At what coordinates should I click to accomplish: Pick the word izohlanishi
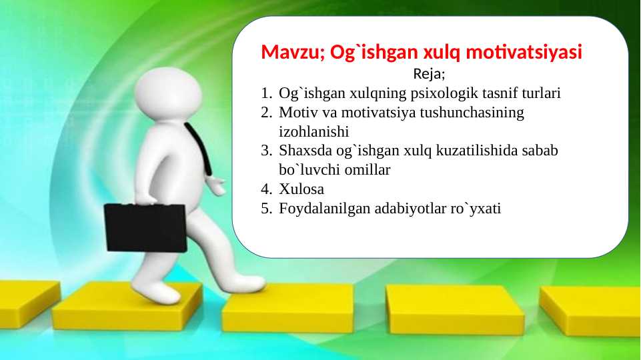(x=313, y=131)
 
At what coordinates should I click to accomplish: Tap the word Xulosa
(x=301, y=189)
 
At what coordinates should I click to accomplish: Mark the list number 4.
(x=265, y=189)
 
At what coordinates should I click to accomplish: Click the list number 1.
(x=265, y=93)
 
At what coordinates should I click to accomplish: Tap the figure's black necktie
(x=200, y=150)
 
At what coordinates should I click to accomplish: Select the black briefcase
(x=145, y=227)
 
